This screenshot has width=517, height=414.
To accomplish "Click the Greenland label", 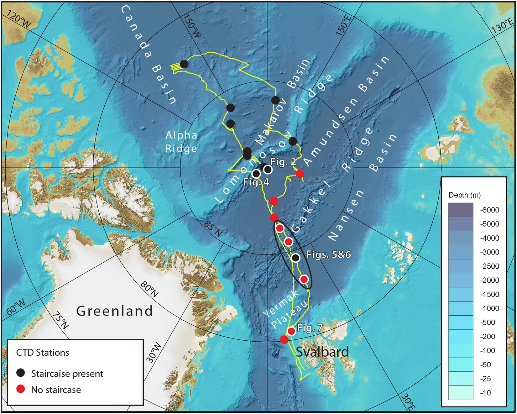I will point(115,311).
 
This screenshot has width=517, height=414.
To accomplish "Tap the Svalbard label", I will point(322,352).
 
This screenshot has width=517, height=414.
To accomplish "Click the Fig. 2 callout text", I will point(283,162).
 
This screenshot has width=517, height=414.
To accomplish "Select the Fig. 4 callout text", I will point(256,182).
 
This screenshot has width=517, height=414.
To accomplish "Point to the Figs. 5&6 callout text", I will point(328,254).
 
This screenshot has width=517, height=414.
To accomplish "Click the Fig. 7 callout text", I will point(310,328).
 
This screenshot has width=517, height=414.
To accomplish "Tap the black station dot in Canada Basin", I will point(184,64).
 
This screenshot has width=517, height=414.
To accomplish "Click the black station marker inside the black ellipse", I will point(295,258).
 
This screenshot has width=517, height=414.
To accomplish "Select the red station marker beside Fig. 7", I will point(291,331).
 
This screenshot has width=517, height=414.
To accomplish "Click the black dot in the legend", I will point(21,373).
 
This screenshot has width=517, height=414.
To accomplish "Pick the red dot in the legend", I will point(21,389).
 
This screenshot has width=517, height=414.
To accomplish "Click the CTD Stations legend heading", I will point(43,353).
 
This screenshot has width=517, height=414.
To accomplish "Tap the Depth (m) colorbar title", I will point(464,195).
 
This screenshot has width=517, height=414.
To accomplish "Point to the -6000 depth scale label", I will point(489,210).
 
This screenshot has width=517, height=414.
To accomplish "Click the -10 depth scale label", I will point(486,393).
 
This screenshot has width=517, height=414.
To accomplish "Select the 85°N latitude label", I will point(213,229).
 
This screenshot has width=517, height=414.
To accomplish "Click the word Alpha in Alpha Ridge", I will point(181,135).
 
